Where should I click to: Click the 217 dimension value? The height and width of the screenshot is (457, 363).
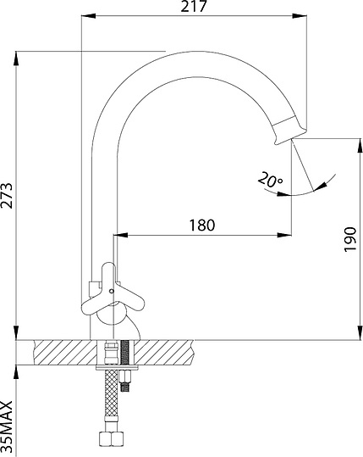194,6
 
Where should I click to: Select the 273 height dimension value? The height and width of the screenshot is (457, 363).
7,195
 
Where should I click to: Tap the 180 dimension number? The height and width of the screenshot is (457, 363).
202,225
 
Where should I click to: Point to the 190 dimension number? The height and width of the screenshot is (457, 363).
350,240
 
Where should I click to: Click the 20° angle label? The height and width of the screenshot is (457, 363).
270,180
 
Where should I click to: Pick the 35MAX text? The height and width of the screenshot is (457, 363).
7,426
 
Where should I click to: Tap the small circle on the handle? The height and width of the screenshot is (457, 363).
111,291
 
